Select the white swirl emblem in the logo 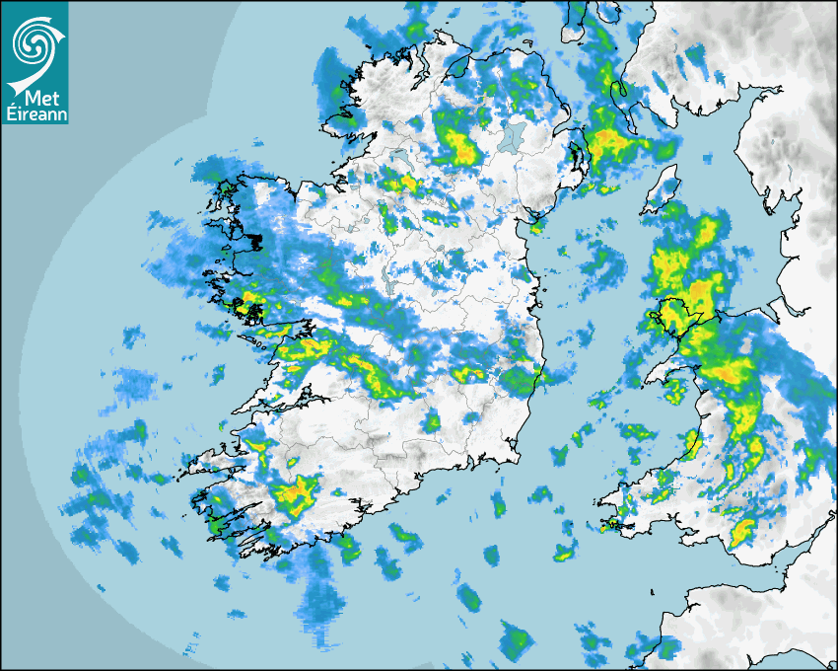pos(34,43)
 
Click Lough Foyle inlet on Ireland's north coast pos(455,64)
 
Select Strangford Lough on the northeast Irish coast pos(575,158)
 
